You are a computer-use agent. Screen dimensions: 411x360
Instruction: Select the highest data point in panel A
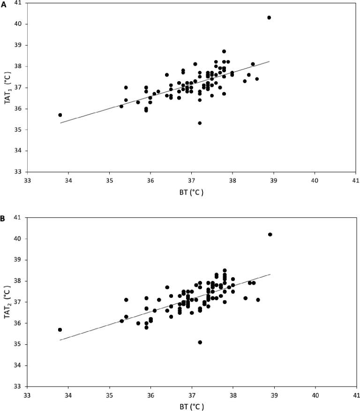tap(269, 17)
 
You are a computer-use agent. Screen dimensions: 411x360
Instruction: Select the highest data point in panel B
tap(270, 234)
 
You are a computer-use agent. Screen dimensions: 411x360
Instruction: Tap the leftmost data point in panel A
tap(60, 115)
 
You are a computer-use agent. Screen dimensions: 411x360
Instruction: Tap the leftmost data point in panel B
tap(60, 330)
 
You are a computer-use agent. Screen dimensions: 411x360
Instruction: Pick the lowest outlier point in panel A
tap(200, 123)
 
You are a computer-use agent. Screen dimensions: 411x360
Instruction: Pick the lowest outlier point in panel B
tap(200, 342)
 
